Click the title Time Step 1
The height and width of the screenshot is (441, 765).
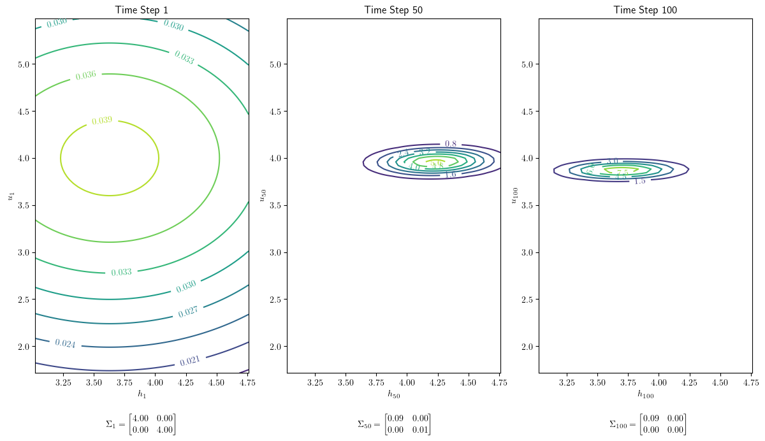[x=142, y=10]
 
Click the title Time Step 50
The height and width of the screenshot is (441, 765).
[x=393, y=10]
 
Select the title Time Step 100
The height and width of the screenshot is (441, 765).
[x=645, y=10]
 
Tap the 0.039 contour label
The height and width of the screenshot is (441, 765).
[x=102, y=120]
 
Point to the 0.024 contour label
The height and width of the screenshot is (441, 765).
[x=65, y=343]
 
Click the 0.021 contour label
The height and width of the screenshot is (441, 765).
[x=190, y=361]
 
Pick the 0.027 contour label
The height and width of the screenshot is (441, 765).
[x=188, y=311]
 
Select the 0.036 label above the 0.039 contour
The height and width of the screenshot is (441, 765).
[x=85, y=75]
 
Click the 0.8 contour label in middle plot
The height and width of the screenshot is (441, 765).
[x=450, y=144]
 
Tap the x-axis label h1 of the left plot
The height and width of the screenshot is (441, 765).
[x=142, y=394]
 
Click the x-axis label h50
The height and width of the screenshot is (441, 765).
[x=393, y=394]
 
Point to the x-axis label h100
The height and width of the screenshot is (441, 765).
[x=645, y=394]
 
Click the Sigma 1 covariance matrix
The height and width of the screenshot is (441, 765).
[x=141, y=424]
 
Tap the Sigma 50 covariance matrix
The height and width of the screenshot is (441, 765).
[x=393, y=424]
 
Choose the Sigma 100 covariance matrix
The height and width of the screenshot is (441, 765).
[x=648, y=424]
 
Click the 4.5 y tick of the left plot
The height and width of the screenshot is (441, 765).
[x=24, y=112]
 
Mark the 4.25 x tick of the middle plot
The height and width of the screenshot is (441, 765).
[x=437, y=382]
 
